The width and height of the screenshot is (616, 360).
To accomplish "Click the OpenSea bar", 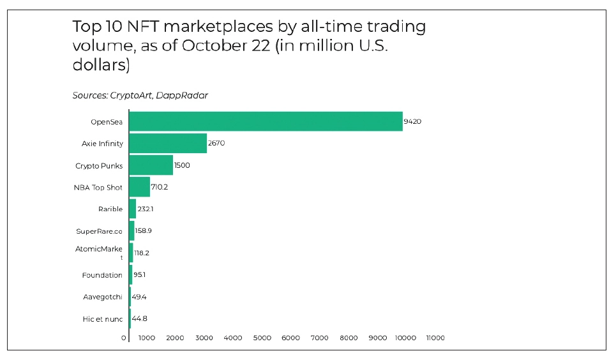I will tap(266, 121).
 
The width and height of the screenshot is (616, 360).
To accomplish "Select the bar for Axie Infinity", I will tap(168, 143).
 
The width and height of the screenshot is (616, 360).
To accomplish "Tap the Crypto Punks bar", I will tap(151, 165).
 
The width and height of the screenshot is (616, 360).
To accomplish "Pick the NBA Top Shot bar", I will tap(139, 187).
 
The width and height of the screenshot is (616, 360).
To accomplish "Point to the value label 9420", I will tap(412, 121).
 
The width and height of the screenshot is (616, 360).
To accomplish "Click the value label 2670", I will tap(216, 143).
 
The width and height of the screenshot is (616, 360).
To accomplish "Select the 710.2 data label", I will tap(160, 187).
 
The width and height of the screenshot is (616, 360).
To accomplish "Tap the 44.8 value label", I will tap(140, 319).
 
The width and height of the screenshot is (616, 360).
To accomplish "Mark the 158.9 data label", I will tap(144, 231).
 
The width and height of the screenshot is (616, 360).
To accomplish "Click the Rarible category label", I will tap(110, 209).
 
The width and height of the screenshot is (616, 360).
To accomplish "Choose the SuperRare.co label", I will tap(99, 231).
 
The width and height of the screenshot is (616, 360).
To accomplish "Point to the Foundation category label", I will tap(102, 275).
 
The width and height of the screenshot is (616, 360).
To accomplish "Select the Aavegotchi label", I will tap(103, 297).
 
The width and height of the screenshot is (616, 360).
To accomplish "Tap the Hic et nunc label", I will tap(103, 319).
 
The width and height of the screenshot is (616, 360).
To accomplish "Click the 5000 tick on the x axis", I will tap(262, 338).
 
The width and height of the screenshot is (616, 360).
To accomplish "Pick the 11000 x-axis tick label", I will tap(435, 338).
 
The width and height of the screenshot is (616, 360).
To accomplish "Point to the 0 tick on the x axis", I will tap(124, 338).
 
